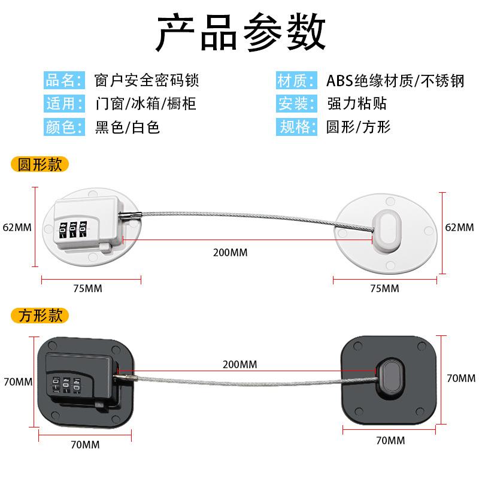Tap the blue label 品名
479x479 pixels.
pos(62,80)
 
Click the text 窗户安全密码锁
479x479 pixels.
pos(147,80)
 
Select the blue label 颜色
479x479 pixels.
pos(62,127)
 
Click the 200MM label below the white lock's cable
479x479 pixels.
pos(230,253)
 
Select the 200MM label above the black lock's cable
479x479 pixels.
pos(239,364)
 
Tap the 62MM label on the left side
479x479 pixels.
pos(17,228)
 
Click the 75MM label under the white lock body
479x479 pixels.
pos(87,289)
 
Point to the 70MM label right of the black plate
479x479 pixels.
pos(461,378)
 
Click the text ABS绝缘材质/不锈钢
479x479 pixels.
pos(395,80)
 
